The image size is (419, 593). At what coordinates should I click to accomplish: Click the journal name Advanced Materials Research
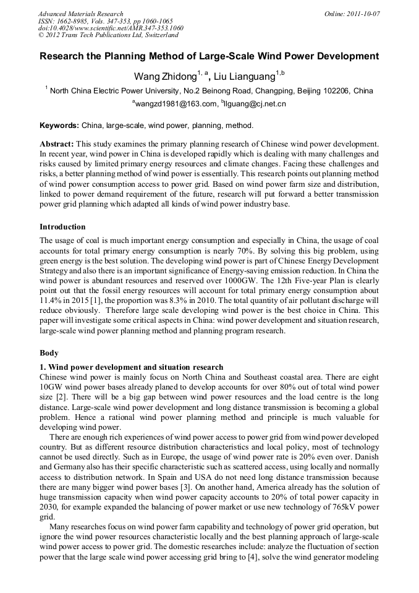point(80,14)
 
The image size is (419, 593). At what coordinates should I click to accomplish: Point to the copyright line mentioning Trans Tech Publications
point(108,36)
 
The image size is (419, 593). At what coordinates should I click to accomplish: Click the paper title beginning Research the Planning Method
point(209,56)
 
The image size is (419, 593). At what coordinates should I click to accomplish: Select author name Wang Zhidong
point(164,76)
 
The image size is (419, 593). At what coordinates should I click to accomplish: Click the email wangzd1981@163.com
point(176,104)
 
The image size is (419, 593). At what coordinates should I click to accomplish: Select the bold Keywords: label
point(59,125)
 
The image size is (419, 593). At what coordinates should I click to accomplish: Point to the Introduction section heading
point(62,227)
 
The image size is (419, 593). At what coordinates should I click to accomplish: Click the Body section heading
point(49,353)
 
